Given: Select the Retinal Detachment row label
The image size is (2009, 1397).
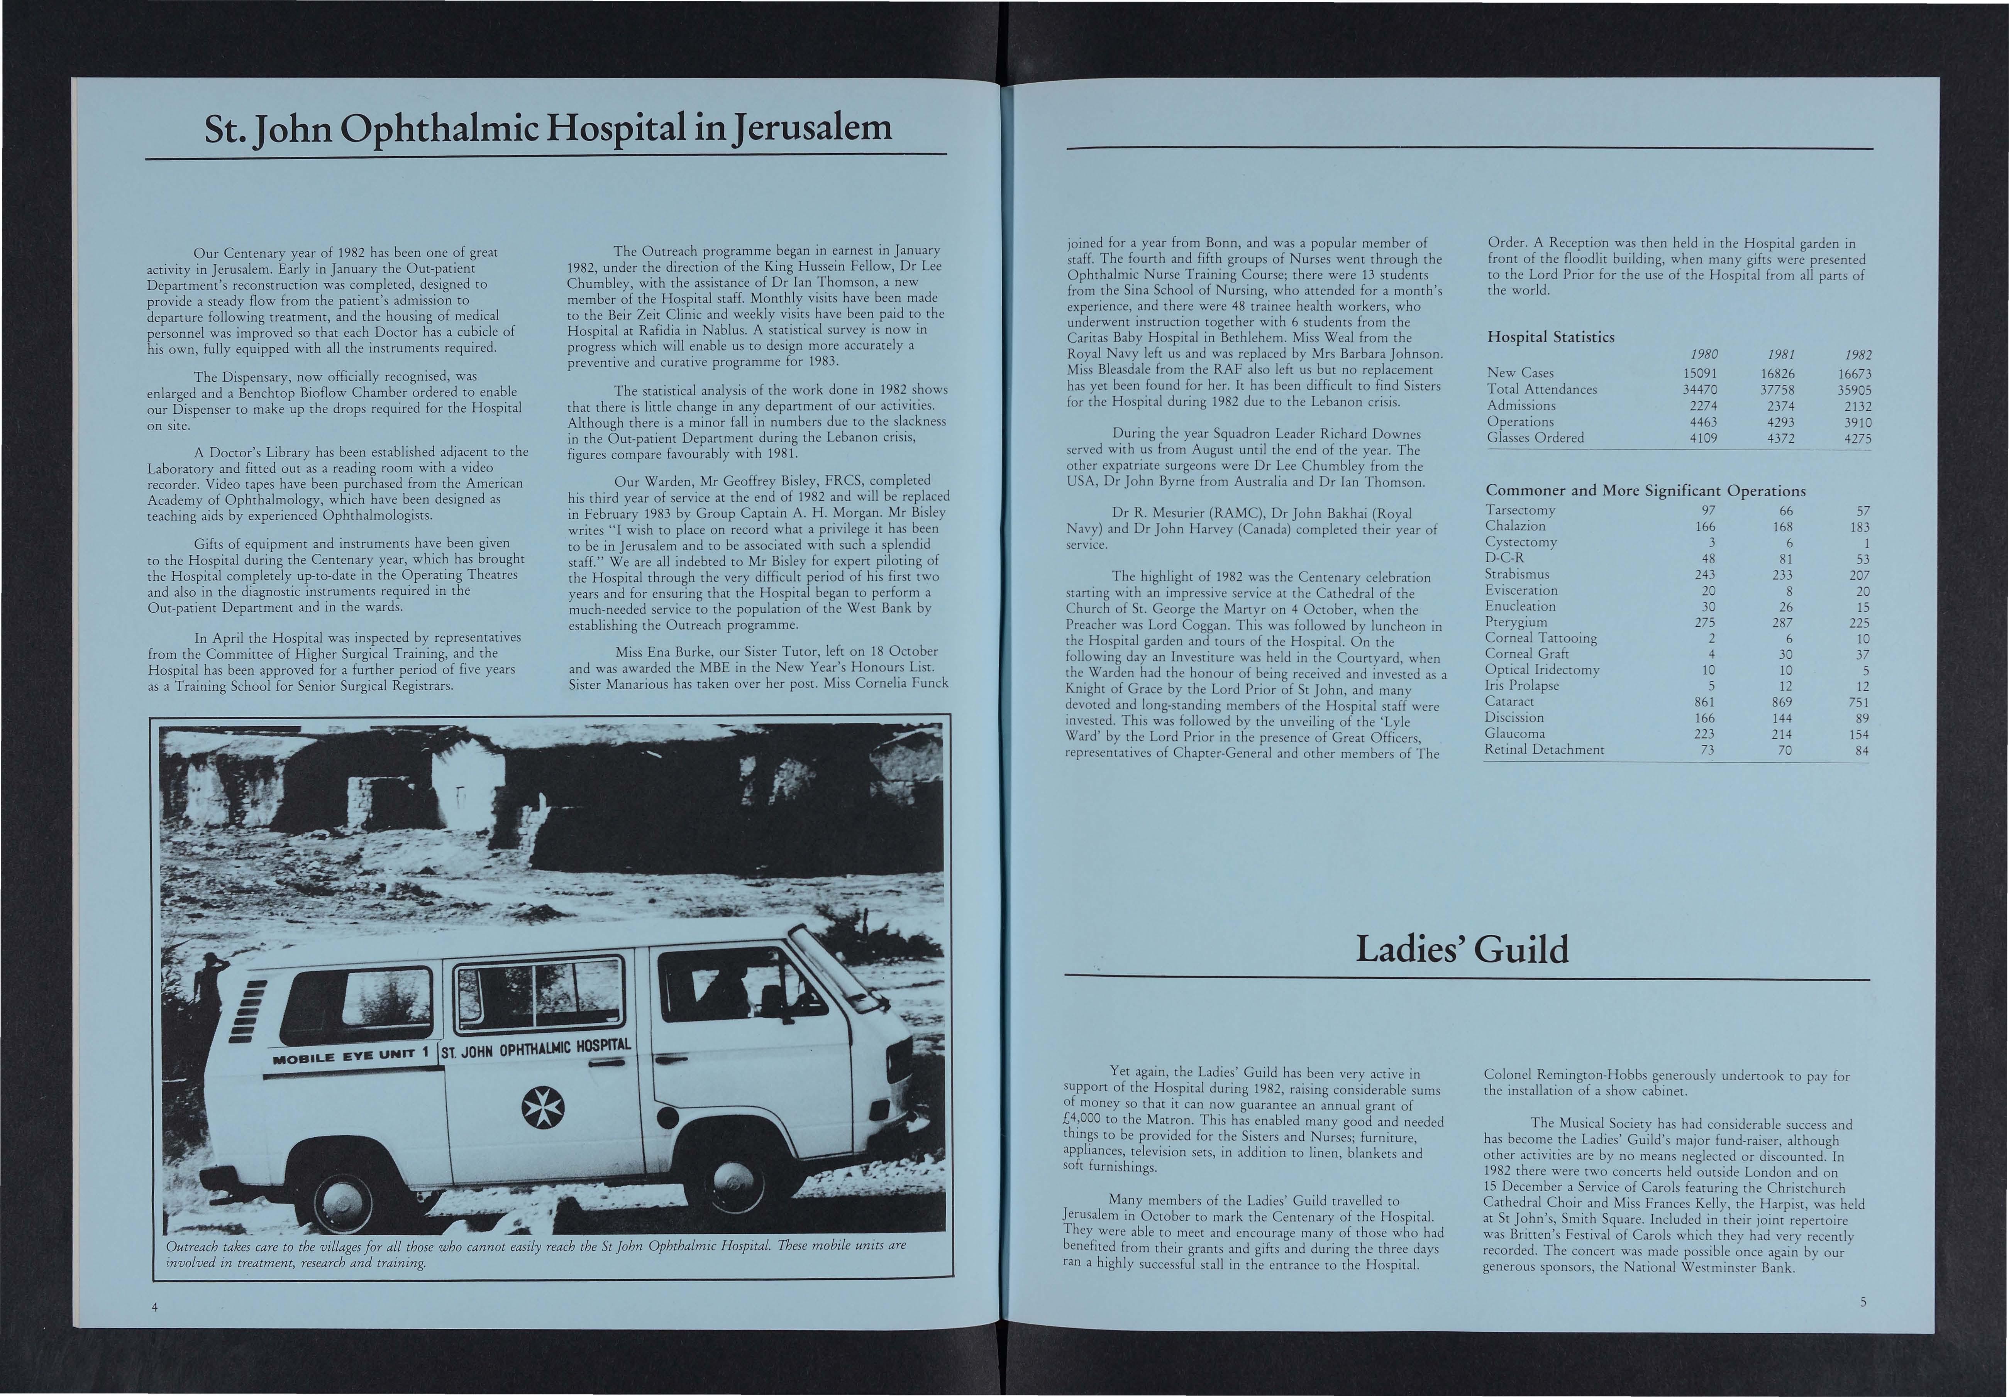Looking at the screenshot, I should pos(1544,750).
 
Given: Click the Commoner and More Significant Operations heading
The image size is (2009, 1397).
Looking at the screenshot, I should pos(1645,491).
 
